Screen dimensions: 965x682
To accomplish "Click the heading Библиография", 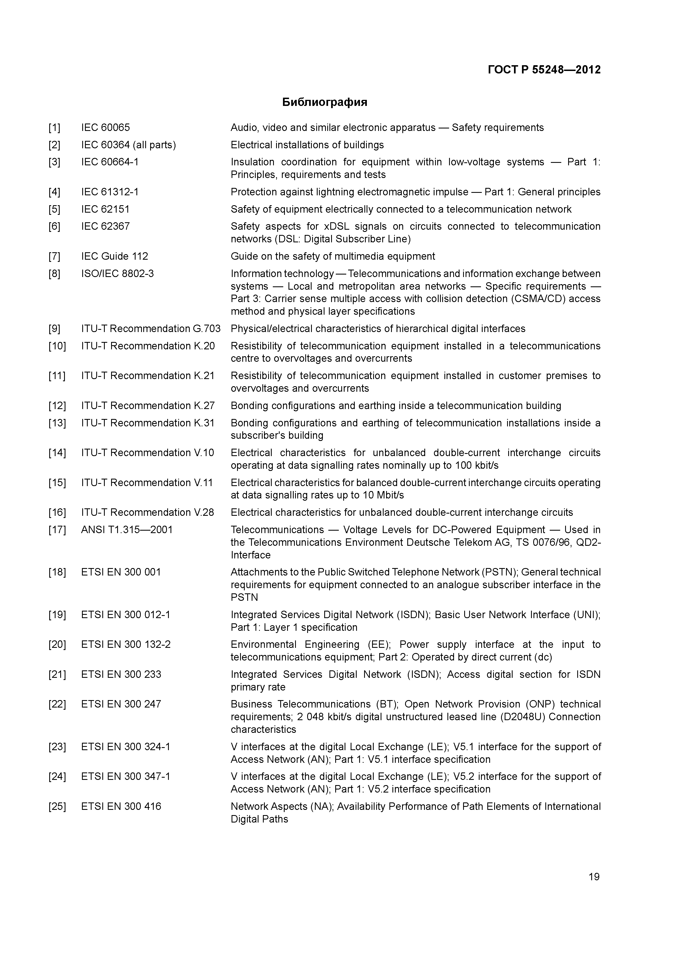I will pyautogui.click(x=324, y=102).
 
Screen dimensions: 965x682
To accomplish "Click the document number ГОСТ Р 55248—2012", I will pyautogui.click(x=544, y=70).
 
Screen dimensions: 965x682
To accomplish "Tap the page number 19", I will pyautogui.click(x=594, y=877).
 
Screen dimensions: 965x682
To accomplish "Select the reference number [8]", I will pyautogui.click(x=54, y=274).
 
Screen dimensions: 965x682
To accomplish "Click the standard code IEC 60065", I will pyautogui.click(x=106, y=127).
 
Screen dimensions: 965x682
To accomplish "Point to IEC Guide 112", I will pyautogui.click(x=114, y=256).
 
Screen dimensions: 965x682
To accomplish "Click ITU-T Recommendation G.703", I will pyautogui.click(x=150, y=329).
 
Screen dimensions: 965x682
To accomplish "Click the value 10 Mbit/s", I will pyautogui.click(x=383, y=495).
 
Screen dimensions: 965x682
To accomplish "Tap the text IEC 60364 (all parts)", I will pyautogui.click(x=128, y=145).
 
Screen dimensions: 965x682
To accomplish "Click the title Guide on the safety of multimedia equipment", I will pyautogui.click(x=333, y=256).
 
